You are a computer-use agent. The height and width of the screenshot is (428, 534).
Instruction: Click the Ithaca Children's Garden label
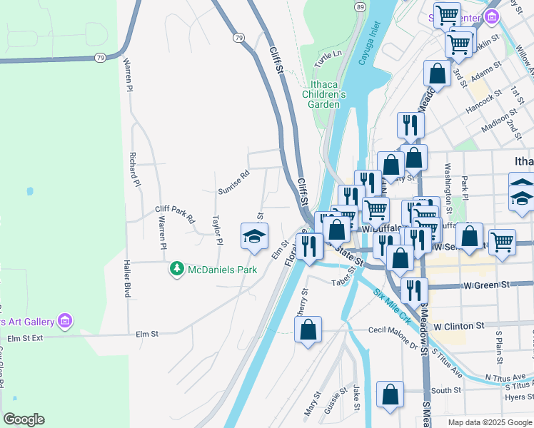point(328,93)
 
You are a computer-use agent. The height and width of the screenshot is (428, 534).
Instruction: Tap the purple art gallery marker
point(66,320)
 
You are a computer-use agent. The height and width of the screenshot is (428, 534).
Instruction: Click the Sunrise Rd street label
point(233,183)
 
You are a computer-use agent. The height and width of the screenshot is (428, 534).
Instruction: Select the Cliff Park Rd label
point(175,215)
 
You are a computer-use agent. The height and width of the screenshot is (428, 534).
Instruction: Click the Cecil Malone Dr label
point(393,337)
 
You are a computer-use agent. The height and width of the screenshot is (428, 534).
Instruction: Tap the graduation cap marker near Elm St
point(255,237)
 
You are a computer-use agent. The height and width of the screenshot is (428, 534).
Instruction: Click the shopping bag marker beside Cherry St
point(308,330)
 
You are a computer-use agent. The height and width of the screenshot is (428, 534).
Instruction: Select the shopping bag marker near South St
point(390,395)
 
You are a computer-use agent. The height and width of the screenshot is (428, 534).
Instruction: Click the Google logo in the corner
point(24,419)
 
